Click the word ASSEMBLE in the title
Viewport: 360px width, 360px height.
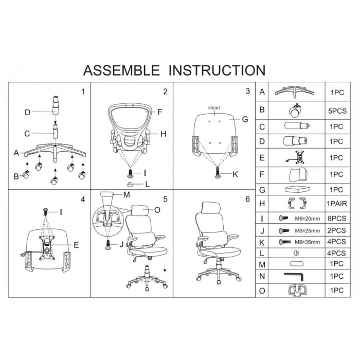122,70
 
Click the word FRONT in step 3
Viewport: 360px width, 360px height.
214,109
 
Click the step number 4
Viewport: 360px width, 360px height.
82,198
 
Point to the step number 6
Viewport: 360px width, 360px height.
248,198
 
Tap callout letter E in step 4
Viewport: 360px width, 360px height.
76,245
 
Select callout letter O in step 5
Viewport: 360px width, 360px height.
157,210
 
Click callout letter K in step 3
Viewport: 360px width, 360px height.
235,174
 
